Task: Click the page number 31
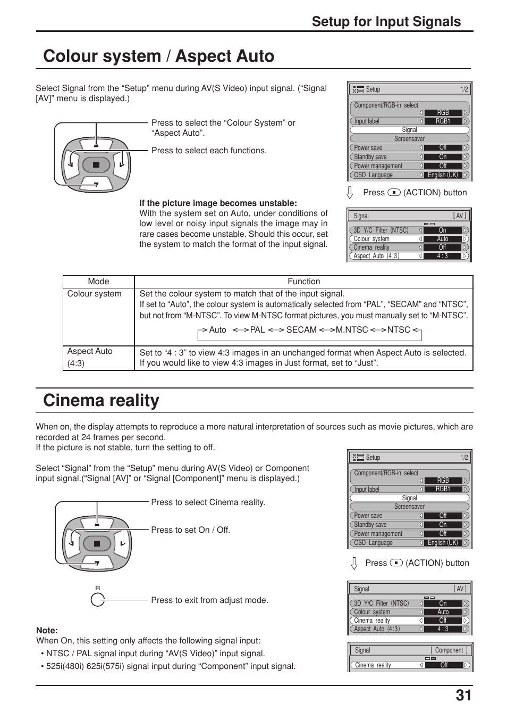462,696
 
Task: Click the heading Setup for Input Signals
386,21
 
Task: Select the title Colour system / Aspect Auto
159,56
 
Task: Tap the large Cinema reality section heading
101,400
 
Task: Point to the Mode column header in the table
98,282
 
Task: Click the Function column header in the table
303,282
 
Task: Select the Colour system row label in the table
94,294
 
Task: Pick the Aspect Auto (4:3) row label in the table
90,357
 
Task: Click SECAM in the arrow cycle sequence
301,330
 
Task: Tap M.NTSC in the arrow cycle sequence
351,330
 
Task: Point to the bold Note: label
47,630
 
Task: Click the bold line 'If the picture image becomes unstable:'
218,203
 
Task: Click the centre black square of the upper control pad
96,165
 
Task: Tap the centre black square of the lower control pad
97,543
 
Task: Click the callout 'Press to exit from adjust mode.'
209,600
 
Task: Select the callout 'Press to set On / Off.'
190,530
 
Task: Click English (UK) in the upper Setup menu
443,175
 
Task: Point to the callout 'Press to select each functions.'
209,151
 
